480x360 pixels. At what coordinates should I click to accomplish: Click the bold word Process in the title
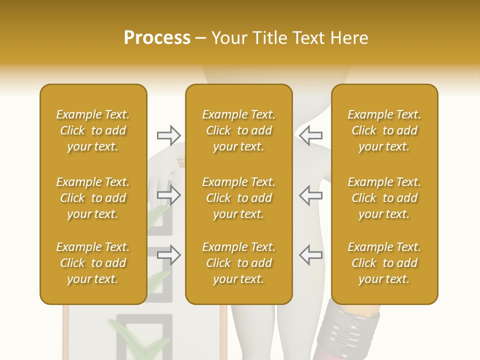[x=157, y=38]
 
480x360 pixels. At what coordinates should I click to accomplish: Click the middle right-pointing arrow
[x=169, y=195]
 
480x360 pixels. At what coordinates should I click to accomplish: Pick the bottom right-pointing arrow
[x=169, y=255]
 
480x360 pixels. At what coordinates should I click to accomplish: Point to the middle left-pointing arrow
[x=310, y=195]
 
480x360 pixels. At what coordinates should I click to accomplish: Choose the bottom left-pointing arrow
[x=310, y=255]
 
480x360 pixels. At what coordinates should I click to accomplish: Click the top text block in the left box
[x=93, y=130]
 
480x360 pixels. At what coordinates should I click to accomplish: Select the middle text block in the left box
[x=93, y=198]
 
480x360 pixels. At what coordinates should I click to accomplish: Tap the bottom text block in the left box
[x=93, y=263]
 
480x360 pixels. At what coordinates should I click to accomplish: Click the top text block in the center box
[x=238, y=130]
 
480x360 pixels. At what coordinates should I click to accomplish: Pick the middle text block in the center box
[x=238, y=198]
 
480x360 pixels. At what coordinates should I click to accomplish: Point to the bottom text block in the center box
[x=238, y=263]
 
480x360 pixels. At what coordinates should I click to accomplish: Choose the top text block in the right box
[x=384, y=130]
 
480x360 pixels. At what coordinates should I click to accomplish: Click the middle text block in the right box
[x=384, y=198]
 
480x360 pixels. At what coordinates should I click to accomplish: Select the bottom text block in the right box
[x=384, y=263]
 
